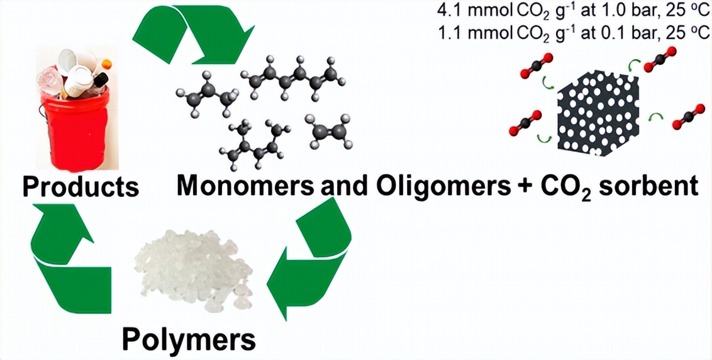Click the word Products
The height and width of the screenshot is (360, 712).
point(81,187)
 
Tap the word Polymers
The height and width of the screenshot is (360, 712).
point(189,340)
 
